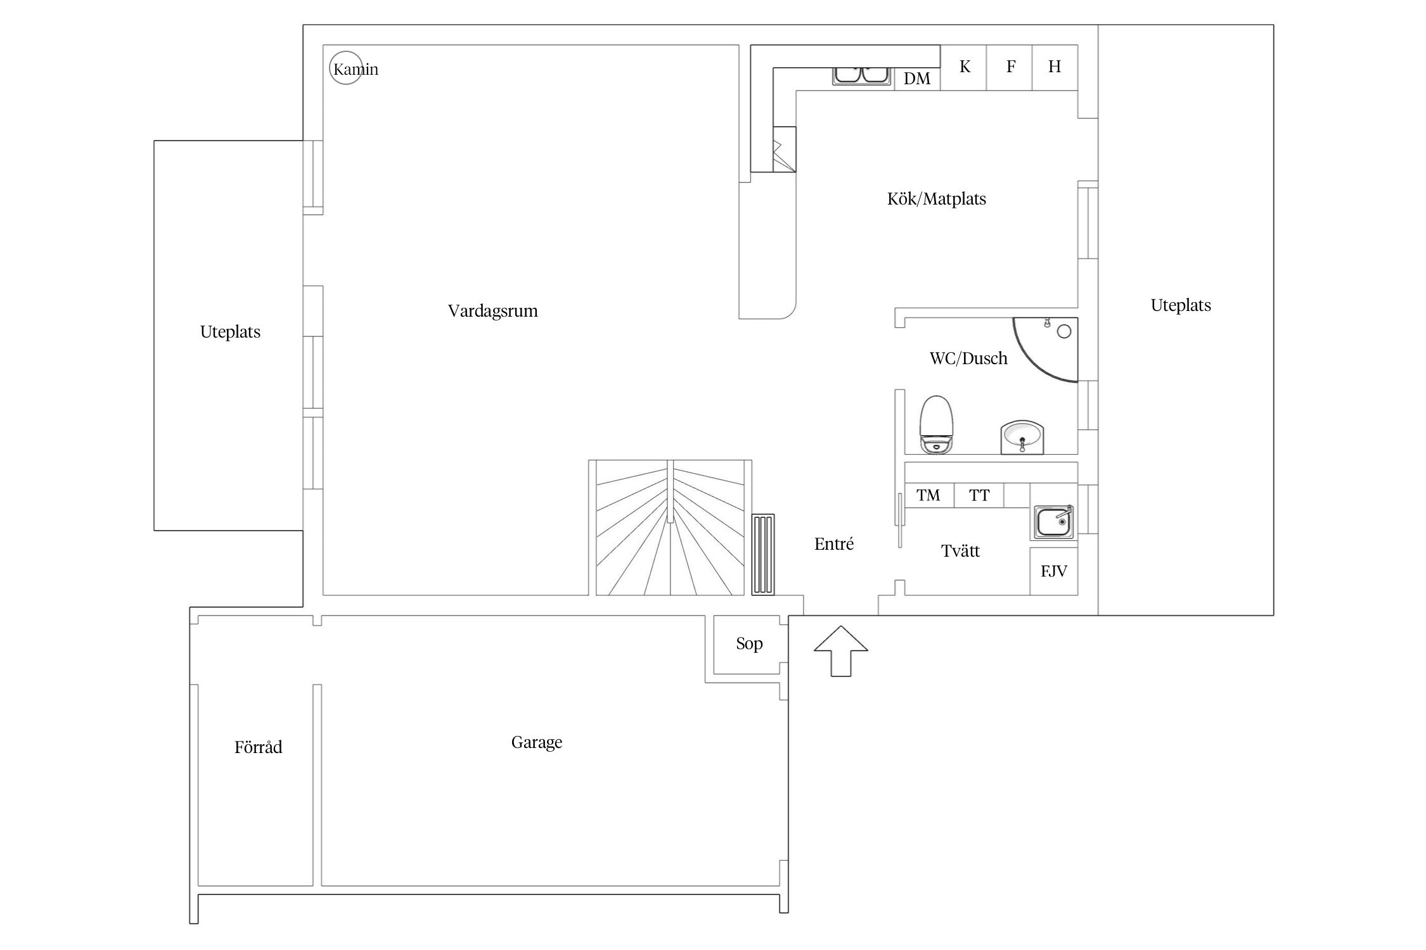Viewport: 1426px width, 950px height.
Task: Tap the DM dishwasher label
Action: click(917, 79)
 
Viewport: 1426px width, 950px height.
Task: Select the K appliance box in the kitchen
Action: click(963, 67)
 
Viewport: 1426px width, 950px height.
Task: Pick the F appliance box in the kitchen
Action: click(1010, 67)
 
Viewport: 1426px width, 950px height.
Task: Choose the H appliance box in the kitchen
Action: click(1055, 67)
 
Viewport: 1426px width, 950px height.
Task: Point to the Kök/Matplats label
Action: click(937, 199)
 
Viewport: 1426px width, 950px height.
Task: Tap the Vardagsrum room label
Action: click(493, 311)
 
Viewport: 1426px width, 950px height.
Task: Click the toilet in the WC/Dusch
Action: click(937, 424)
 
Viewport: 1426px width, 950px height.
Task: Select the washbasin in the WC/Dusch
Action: click(1022, 437)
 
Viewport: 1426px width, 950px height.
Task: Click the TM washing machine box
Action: click(928, 495)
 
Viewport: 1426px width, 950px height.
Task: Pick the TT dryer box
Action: click(979, 495)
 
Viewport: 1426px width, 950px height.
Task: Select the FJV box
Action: click(1054, 571)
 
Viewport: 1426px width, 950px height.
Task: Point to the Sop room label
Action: click(749, 644)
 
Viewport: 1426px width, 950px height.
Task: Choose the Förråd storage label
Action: click(258, 747)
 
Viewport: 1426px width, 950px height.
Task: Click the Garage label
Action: click(537, 742)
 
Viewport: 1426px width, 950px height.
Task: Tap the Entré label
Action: click(834, 543)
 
